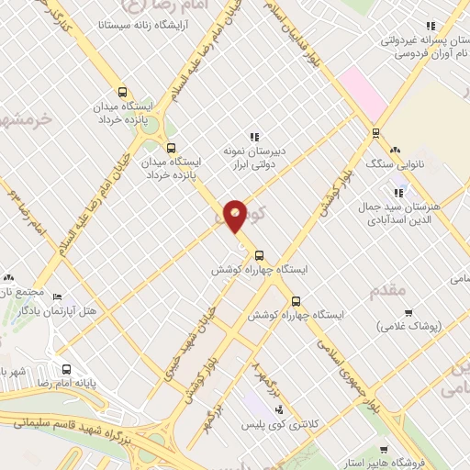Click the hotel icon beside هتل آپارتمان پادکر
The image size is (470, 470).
point(57,297)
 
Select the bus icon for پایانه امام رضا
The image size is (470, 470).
point(65,370)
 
